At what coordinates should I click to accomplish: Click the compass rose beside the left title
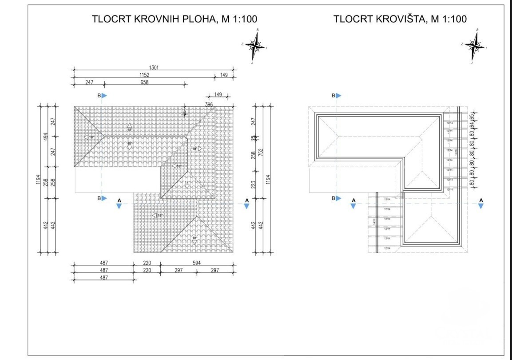click(255, 45)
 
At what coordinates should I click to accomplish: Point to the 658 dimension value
click(144, 82)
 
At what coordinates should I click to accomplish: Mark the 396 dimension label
click(209, 104)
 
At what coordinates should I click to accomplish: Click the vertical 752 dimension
click(261, 152)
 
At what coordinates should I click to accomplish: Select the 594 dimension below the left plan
click(196, 263)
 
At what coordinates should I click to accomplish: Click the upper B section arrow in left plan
click(103, 96)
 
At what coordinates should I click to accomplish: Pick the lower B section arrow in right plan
click(337, 198)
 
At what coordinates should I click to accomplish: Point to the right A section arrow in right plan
click(481, 204)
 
